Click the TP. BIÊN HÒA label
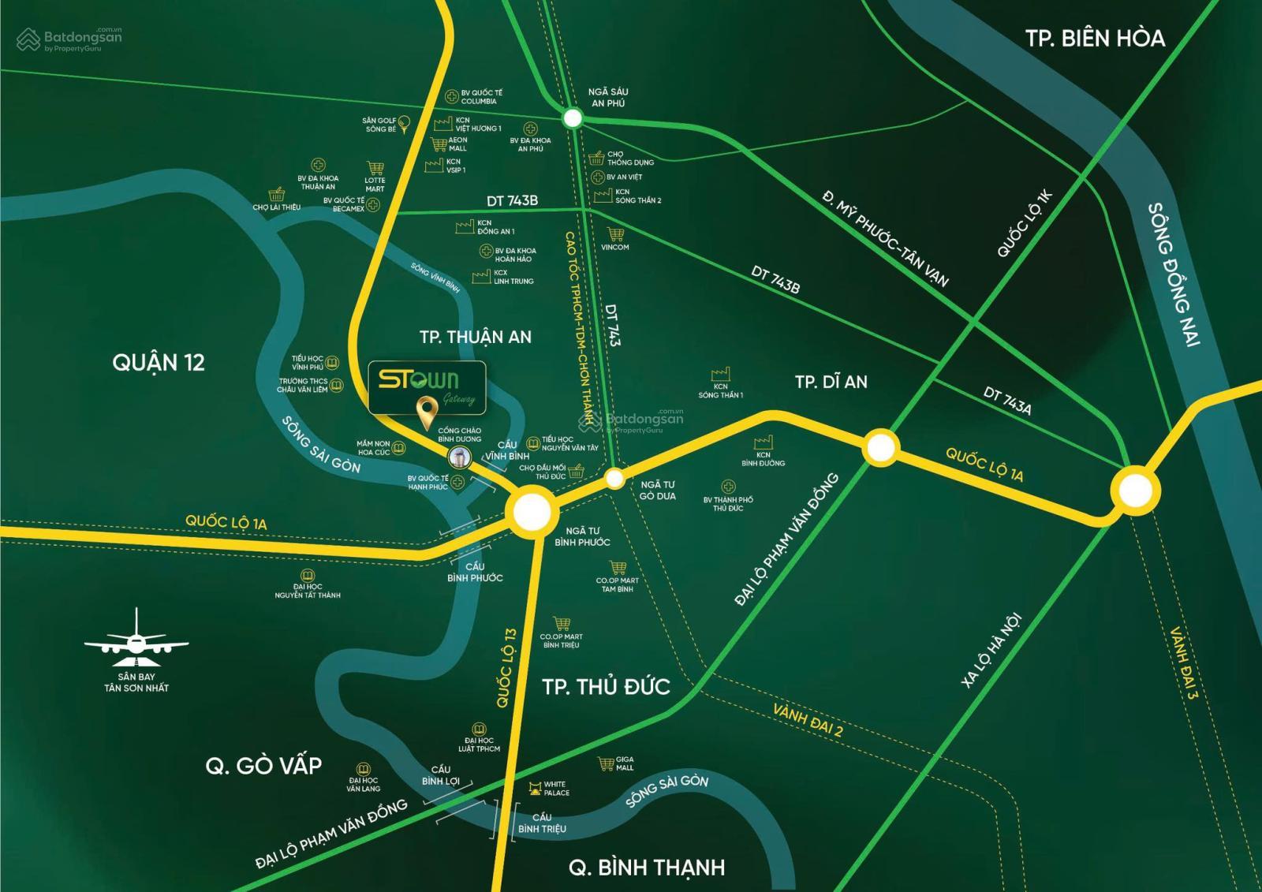pyautogui.click(x=1095, y=38)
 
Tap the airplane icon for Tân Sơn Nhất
pyautogui.click(x=136, y=636)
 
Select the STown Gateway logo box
pyautogui.click(x=427, y=387)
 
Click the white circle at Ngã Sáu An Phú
pyautogui.click(x=573, y=119)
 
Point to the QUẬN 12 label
pyautogui.click(x=159, y=363)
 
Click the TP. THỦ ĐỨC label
pyautogui.click(x=606, y=686)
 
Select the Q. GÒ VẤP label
pyautogui.click(x=263, y=766)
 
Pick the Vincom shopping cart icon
pyautogui.click(x=615, y=234)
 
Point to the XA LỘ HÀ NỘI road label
pyautogui.click(x=991, y=650)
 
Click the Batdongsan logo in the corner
pyautogui.click(x=70, y=39)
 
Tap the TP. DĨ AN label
pyautogui.click(x=831, y=383)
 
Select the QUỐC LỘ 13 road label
pyautogui.click(x=506, y=667)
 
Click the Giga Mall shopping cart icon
pyautogui.click(x=606, y=763)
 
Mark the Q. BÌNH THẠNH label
pyautogui.click(x=646, y=868)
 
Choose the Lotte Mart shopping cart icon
pyautogui.click(x=375, y=169)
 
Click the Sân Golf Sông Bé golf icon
pyautogui.click(x=404, y=122)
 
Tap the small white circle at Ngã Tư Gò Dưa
pyautogui.click(x=614, y=478)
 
